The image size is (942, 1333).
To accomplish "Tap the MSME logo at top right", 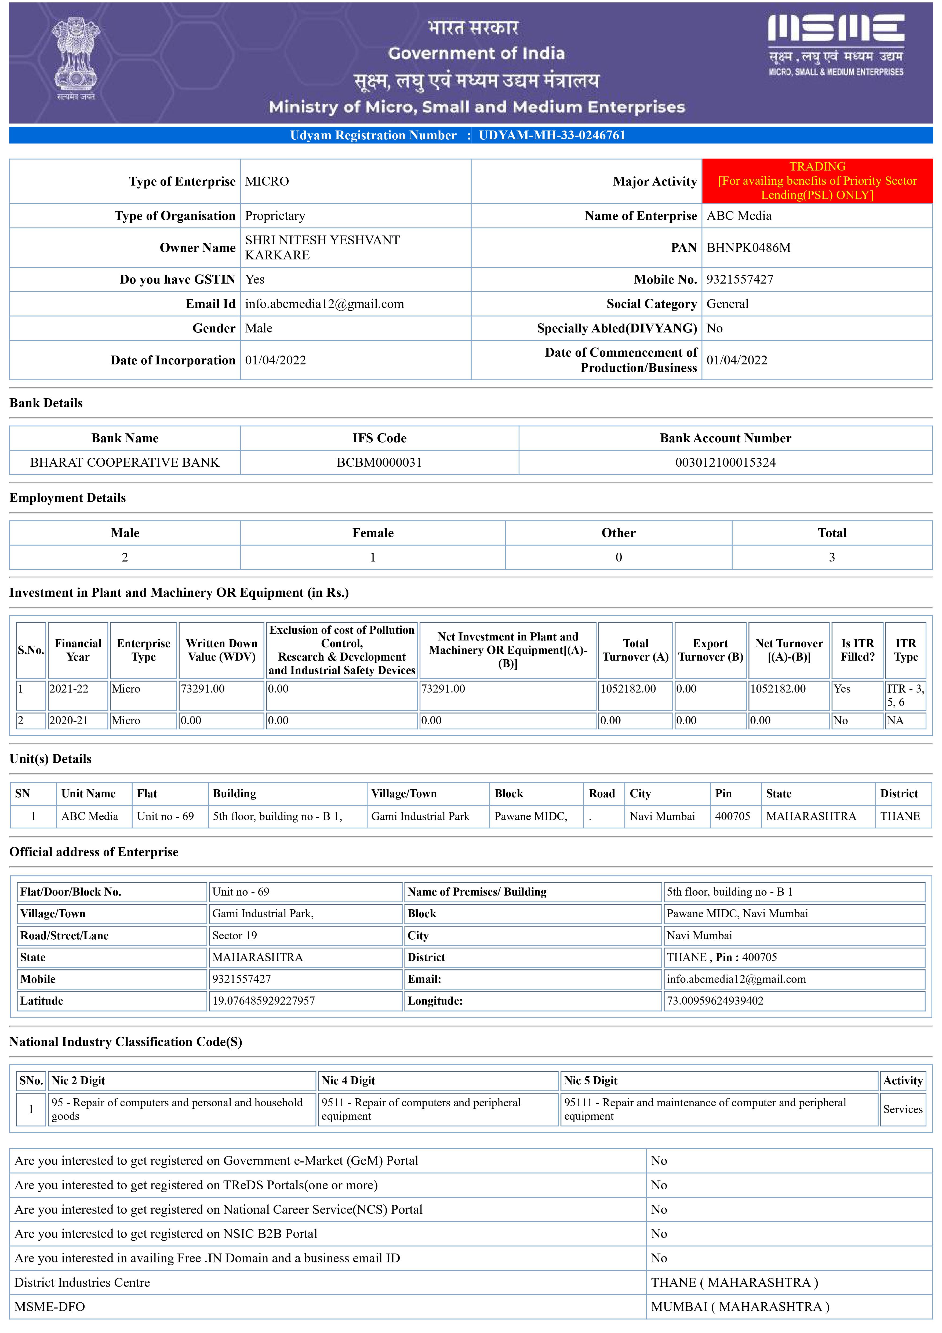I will coord(836,45).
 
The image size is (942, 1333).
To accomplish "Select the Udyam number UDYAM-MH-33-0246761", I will coord(552,135).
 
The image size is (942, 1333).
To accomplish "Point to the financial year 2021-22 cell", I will coord(69,689).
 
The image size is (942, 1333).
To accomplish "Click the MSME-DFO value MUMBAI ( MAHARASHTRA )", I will coord(740,1306).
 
